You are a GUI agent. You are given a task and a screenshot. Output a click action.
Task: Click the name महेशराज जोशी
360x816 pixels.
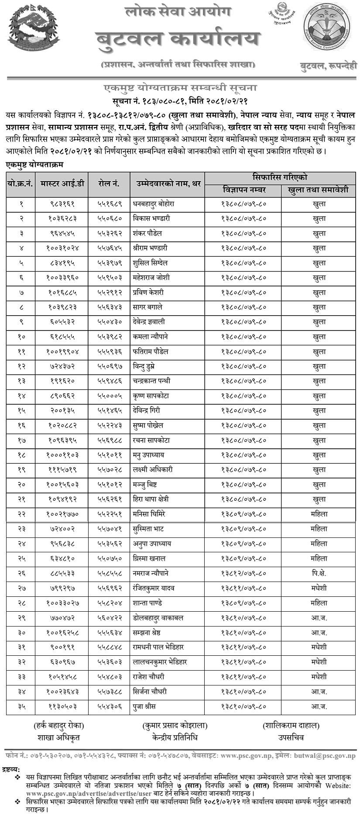click(151, 277)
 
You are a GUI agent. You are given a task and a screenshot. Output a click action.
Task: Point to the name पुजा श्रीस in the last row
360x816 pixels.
click(144, 706)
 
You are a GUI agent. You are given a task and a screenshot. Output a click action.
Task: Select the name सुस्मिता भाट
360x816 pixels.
click(148, 529)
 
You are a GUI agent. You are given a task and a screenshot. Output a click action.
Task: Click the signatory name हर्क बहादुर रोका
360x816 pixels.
click(59, 726)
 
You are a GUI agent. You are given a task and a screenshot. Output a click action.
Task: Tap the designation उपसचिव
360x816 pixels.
click(291, 737)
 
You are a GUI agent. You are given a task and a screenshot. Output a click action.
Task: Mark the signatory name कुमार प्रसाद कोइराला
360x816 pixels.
click(175, 726)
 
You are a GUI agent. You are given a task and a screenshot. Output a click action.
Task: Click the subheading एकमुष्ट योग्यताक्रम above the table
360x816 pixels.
click(35, 164)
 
